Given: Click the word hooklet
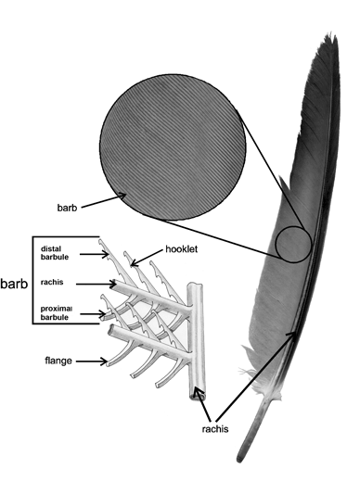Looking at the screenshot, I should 183,249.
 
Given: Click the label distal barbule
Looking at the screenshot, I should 57,252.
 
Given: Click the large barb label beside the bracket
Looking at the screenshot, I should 14,283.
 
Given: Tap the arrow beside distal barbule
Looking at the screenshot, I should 90,252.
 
